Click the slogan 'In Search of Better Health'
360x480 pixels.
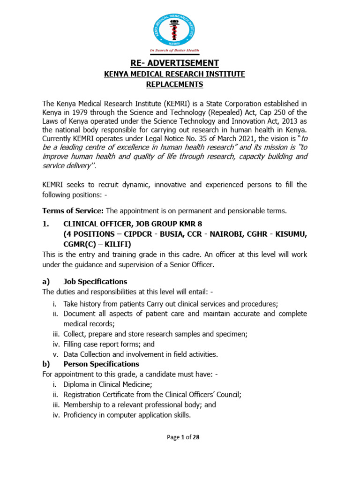pos(174,50)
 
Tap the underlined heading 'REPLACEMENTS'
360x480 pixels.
pos(174,84)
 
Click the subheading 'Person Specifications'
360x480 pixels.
pos(101,364)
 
